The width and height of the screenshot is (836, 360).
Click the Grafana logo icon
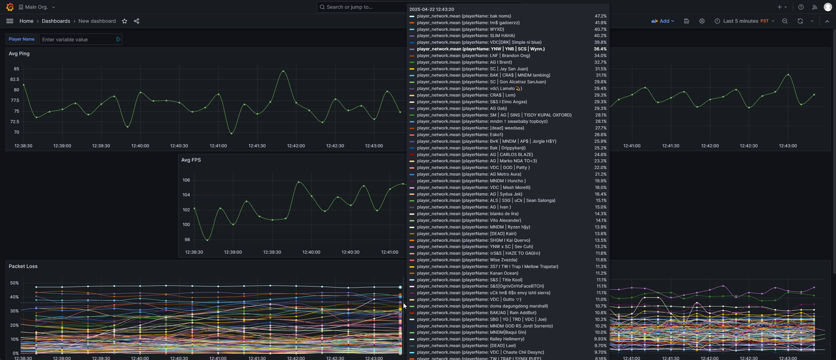(x=10, y=7)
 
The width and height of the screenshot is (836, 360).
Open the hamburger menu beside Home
(x=10, y=21)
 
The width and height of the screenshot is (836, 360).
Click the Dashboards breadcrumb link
(x=56, y=21)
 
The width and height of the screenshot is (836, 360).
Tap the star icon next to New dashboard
(x=125, y=21)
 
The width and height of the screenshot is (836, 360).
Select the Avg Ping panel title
(x=19, y=54)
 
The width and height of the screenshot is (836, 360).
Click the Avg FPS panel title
(x=191, y=160)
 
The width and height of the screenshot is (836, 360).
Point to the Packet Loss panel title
(x=23, y=266)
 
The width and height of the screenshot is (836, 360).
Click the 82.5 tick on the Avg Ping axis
(x=15, y=79)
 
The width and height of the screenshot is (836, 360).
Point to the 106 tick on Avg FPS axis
(x=186, y=180)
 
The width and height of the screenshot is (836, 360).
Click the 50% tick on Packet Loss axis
(x=14, y=283)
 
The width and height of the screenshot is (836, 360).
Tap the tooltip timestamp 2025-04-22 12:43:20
(x=431, y=9)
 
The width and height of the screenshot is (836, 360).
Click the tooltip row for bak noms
(x=508, y=16)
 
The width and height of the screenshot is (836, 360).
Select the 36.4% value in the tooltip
(x=600, y=49)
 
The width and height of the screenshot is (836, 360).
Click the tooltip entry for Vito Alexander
(x=508, y=220)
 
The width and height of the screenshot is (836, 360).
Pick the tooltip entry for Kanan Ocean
(x=508, y=273)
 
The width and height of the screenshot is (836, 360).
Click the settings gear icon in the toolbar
(x=702, y=21)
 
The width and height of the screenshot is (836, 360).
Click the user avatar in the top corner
(x=828, y=7)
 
